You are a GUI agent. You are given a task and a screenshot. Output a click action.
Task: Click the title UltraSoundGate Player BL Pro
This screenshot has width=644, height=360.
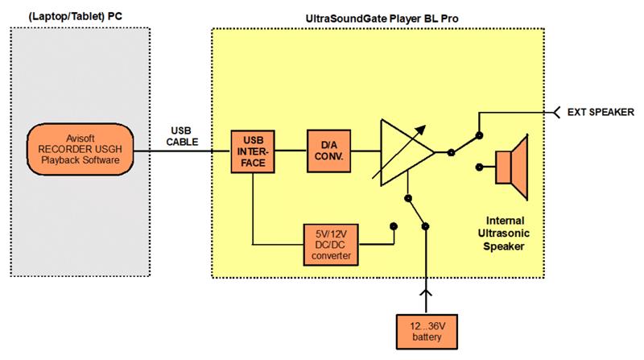pyautogui.click(x=377, y=15)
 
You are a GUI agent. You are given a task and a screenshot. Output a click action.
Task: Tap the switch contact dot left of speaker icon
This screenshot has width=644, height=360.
pyautogui.click(x=480, y=168)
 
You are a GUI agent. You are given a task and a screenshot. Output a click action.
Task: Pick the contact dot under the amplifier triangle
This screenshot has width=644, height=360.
pyautogui.click(x=409, y=197)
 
